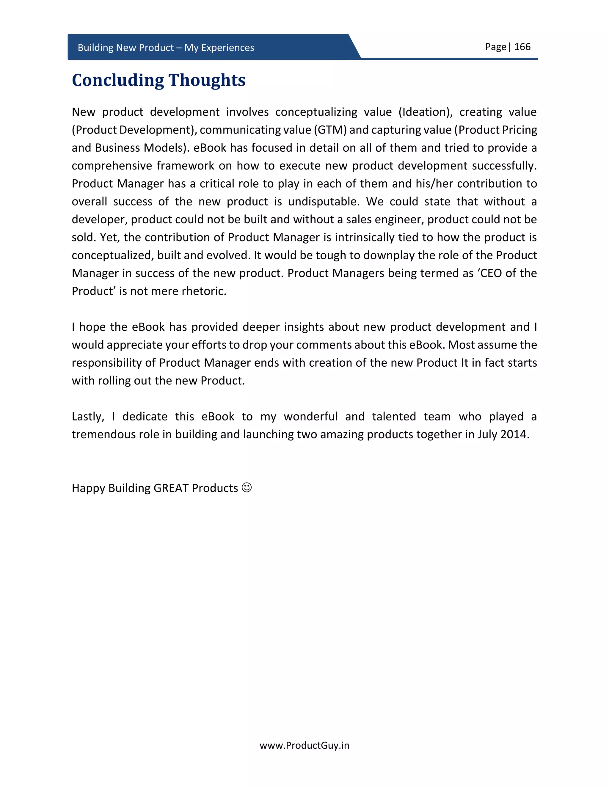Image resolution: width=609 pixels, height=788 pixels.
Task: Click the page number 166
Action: pos(522,47)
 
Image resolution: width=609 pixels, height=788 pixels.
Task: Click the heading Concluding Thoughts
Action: pos(158,80)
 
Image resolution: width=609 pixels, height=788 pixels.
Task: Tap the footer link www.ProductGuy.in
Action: pos(304,745)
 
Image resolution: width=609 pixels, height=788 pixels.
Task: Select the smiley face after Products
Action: pos(247,487)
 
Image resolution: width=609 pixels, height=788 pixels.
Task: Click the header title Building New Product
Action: pos(166,48)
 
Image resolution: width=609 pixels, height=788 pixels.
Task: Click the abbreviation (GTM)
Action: pos(330,130)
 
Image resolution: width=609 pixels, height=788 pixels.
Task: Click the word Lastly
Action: pos(88,416)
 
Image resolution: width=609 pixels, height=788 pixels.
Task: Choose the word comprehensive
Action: pos(112,166)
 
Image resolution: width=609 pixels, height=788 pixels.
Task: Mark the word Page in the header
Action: pos(495,47)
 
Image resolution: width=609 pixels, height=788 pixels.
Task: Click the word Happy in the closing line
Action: pos(88,488)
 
